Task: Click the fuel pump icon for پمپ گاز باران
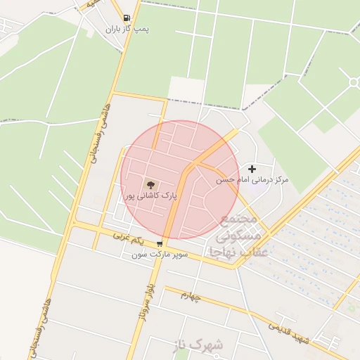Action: pyautogui.click(x=126, y=18)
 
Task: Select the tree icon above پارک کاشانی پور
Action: pyautogui.click(x=150, y=184)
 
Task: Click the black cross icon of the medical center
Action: pyautogui.click(x=252, y=169)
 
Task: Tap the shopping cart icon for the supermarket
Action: pyautogui.click(x=160, y=245)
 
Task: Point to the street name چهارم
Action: pyautogui.click(x=191, y=296)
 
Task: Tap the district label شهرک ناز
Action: pyautogui.click(x=199, y=345)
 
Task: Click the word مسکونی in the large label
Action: pyautogui.click(x=238, y=236)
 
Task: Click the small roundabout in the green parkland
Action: pyautogui.click(x=353, y=83)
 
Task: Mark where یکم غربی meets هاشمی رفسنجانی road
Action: pyautogui.click(x=73, y=224)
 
